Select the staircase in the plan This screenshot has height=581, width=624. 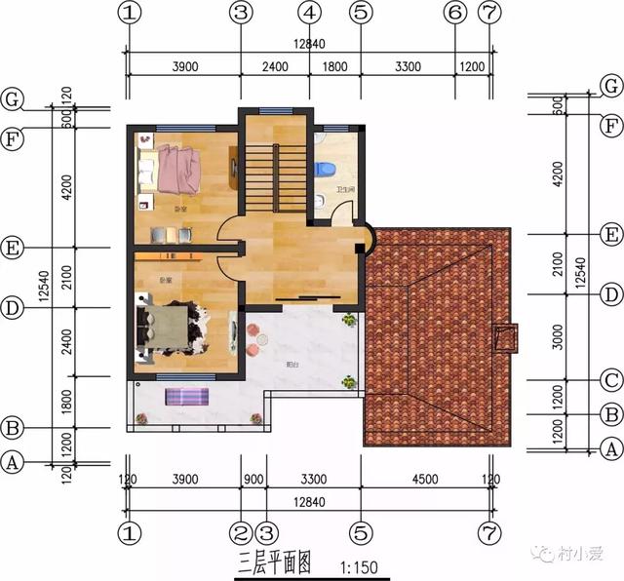coord(260,175)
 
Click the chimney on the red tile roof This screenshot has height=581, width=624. coord(506,337)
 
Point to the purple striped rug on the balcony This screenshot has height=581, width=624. coord(187,397)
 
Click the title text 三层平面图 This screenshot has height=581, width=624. coord(274,562)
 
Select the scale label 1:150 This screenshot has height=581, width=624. coord(359,565)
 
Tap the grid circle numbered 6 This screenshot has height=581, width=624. coord(454,13)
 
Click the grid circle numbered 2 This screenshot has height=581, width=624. coord(240,533)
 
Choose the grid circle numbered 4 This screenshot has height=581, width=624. coord(309,13)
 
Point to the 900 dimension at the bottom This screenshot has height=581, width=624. coord(253,480)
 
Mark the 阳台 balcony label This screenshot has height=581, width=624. coord(292,365)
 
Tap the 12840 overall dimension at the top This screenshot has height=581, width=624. coord(309,44)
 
